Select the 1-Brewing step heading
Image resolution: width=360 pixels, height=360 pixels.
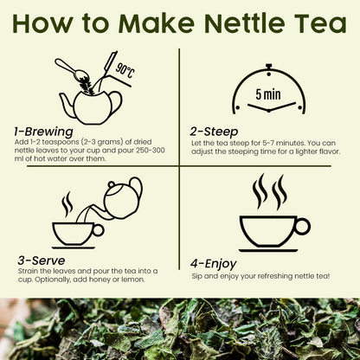tap(44, 132)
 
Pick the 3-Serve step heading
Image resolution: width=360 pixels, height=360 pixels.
tap(42, 259)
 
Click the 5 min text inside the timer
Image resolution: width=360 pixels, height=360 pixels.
tap(267, 90)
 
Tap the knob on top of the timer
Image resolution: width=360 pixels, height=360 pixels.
tap(268, 66)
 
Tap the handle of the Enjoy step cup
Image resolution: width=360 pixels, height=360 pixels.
tap(301, 227)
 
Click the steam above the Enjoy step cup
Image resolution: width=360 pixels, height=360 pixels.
tap(268, 192)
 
